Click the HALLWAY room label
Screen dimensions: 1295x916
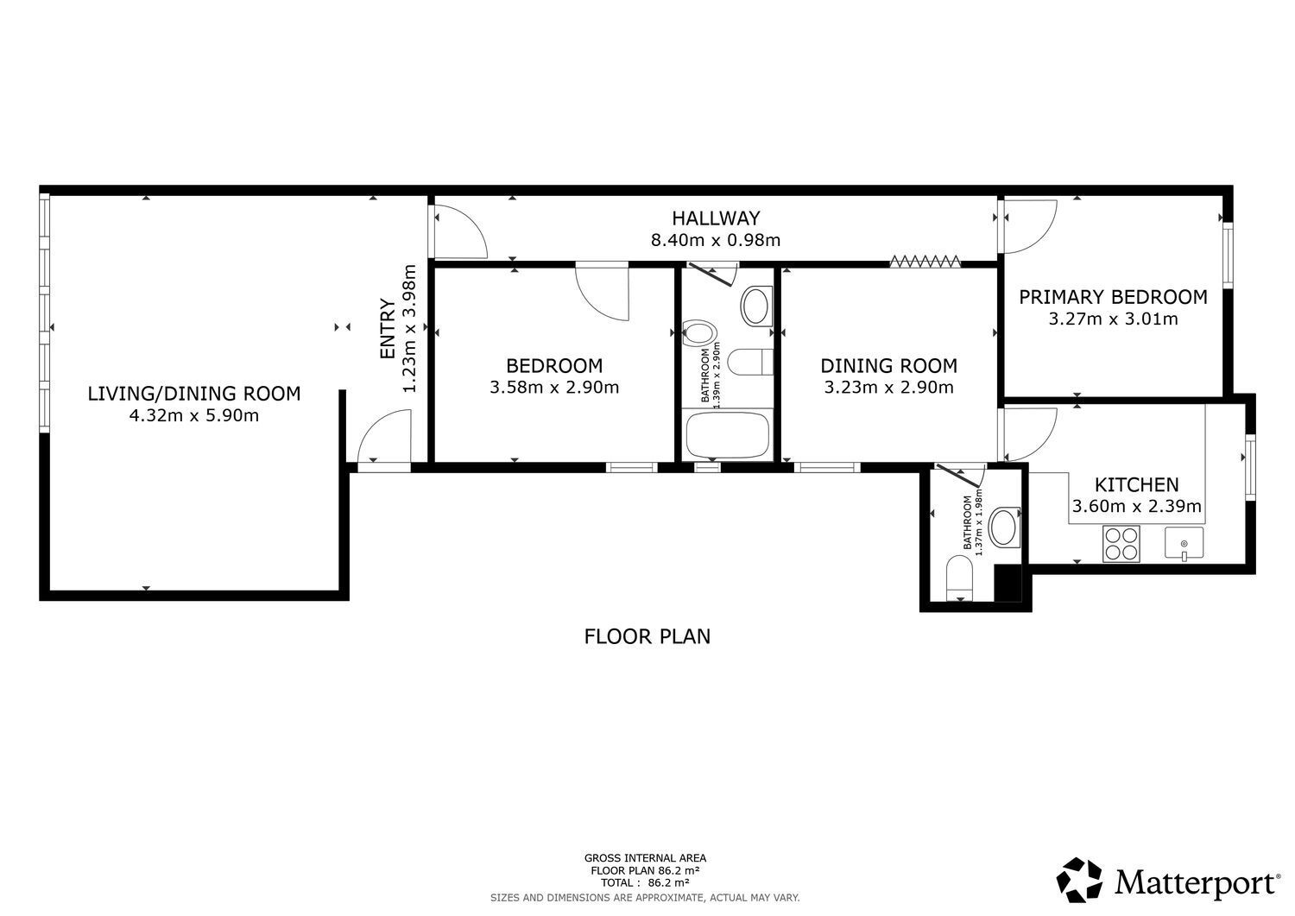tap(716, 218)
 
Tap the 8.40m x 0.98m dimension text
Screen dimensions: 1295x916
tap(716, 240)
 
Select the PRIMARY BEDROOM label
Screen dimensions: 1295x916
tap(1113, 297)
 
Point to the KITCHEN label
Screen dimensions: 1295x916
tap(1137, 484)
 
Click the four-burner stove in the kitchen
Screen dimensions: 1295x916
tap(1121, 544)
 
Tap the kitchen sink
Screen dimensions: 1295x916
tap(1184, 543)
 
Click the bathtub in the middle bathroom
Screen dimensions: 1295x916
tap(727, 434)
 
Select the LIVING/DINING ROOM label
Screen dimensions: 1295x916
tap(194, 394)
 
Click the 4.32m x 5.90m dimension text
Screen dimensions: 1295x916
tap(194, 416)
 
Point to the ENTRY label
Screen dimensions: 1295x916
tap(388, 328)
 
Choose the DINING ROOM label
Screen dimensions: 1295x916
tap(889, 366)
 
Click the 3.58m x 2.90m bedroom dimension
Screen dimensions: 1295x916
tap(554, 388)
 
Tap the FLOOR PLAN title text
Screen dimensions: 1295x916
tap(647, 636)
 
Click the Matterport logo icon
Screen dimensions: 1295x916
tap(1079, 880)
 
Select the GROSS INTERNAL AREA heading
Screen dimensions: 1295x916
tap(645, 858)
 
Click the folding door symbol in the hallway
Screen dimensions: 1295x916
tap(925, 262)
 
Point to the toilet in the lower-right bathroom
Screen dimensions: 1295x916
tap(960, 578)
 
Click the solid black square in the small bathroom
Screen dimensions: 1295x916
tap(1008, 583)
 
